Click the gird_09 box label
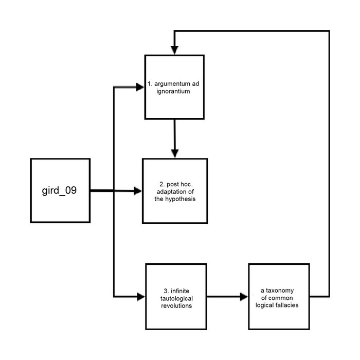(x=60, y=190)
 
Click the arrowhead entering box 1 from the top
(x=175, y=49)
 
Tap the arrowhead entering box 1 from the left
(x=140, y=87)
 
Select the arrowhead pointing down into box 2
(x=175, y=153)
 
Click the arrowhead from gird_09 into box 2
(x=137, y=191)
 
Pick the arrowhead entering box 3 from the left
(x=140, y=297)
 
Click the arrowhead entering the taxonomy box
(x=244, y=297)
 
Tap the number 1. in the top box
(x=150, y=83)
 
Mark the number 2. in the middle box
(x=161, y=184)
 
